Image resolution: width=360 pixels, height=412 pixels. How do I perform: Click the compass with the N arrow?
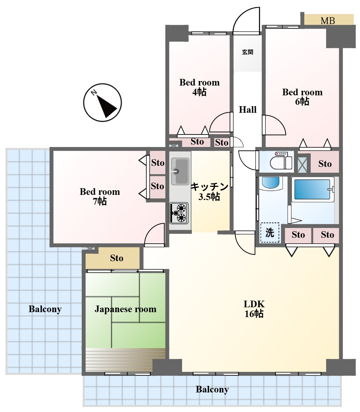(x=102, y=102)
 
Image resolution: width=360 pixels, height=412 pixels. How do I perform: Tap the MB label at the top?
(x=327, y=21)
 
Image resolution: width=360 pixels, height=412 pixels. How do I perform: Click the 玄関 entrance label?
(x=247, y=52)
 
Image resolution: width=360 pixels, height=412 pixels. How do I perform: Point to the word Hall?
(x=247, y=109)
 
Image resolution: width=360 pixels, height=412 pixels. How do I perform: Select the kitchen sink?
(x=180, y=171)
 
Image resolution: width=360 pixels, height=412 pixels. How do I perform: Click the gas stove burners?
(x=179, y=213)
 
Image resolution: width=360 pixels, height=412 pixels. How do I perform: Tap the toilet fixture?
(x=281, y=161)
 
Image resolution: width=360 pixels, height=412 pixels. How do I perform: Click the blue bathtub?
(x=312, y=189)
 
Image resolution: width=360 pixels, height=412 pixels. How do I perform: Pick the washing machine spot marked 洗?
(x=270, y=233)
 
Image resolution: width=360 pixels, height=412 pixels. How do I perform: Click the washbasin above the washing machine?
(x=271, y=183)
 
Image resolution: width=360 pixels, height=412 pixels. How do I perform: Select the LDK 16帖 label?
(x=254, y=309)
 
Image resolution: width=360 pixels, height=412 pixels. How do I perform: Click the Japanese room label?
(x=125, y=309)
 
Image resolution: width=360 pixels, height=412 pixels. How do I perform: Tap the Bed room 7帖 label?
(x=100, y=196)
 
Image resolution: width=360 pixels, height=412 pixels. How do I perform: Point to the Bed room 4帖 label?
(x=199, y=87)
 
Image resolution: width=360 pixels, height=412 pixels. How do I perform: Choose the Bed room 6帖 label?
(x=302, y=97)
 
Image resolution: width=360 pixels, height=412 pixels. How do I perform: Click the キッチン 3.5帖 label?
(x=209, y=192)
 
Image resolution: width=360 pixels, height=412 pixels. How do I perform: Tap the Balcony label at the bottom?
(x=212, y=389)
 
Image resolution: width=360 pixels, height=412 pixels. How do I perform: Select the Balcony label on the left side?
(x=45, y=309)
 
